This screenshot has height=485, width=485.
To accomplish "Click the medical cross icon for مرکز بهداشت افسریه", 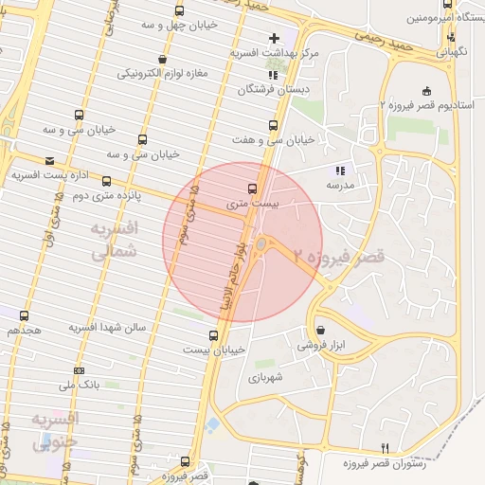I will point(274,39).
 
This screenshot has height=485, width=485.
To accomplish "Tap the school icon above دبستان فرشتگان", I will point(273,74).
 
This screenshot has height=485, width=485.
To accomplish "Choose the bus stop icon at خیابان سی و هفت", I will point(274,124).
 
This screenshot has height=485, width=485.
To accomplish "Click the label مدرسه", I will point(339,186).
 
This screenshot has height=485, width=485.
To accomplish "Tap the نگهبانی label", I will point(452,54).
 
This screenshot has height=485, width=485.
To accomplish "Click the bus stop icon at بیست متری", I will point(251,188).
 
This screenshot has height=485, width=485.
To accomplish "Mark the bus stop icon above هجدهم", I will point(25,315).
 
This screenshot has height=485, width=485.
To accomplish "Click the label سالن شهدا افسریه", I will point(106,327).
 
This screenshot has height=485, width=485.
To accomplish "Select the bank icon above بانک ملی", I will point(79,369).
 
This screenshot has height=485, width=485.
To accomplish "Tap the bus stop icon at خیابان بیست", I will point(212,335).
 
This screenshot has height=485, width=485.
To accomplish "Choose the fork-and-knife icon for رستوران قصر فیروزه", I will point(385,447).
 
